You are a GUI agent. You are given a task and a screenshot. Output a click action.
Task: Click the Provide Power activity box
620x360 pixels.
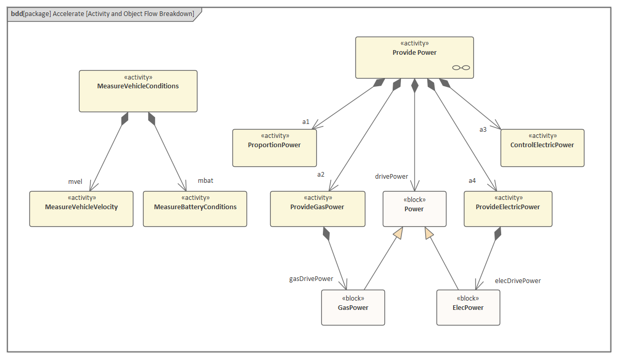click(x=414, y=57)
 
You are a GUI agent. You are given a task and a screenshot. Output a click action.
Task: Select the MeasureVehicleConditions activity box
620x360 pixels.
click(x=138, y=91)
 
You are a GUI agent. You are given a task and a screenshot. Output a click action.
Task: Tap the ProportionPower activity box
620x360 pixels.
click(x=274, y=148)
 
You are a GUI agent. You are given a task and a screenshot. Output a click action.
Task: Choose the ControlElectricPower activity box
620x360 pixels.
click(x=542, y=148)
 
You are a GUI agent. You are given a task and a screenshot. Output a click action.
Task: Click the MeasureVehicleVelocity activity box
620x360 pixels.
click(x=81, y=209)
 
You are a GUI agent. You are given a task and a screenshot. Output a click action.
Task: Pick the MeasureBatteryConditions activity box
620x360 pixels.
click(x=195, y=209)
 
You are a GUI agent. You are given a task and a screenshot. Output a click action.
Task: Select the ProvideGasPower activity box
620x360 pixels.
click(x=317, y=209)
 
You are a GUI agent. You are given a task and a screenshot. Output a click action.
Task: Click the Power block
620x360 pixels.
click(x=414, y=209)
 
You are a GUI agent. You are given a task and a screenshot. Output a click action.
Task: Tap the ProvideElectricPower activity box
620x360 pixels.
click(x=508, y=209)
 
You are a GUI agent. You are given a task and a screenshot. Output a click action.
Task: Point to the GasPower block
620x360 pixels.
click(x=353, y=307)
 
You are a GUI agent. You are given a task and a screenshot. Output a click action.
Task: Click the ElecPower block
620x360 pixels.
click(x=468, y=307)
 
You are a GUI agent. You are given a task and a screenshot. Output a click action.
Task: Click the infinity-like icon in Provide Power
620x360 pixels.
click(x=461, y=68)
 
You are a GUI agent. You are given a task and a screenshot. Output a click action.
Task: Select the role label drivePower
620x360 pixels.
click(x=391, y=177)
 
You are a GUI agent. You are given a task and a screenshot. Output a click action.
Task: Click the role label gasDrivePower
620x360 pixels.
click(x=311, y=279)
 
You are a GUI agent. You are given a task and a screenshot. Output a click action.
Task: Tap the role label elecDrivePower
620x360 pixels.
click(x=518, y=281)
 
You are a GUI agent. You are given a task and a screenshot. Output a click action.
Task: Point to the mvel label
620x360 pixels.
click(x=75, y=182)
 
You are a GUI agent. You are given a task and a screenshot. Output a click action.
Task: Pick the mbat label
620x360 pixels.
click(x=206, y=181)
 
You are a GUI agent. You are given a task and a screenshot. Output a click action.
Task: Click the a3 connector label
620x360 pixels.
click(x=483, y=130)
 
